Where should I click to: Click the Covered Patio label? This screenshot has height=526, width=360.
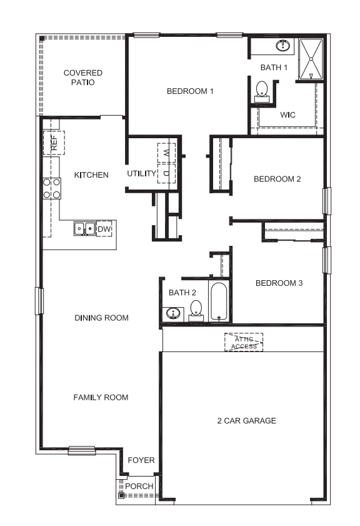tap(82, 78)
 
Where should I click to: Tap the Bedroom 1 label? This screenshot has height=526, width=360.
tap(190, 91)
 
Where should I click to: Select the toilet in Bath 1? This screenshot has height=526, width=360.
tap(262, 91)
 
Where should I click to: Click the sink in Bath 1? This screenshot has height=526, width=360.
tap(283, 46)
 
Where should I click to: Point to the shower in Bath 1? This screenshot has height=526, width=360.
tap(311, 59)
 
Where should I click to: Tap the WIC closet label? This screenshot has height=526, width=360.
tap(287, 115)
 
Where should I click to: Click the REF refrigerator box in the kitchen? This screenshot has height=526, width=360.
tap(53, 143)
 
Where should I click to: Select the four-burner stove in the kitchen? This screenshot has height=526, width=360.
tap(52, 188)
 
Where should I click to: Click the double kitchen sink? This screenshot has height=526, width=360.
tap(84, 229)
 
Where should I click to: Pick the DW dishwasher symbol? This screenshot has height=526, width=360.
tap(104, 229)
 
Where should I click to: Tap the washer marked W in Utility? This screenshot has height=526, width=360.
tap(167, 152)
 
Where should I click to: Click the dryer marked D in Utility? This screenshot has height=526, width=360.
tap(167, 173)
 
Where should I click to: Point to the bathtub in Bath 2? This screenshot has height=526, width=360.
tap(219, 301)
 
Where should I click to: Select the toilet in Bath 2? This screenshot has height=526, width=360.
tap(196, 310)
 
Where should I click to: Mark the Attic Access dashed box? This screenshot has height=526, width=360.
tap(244, 342)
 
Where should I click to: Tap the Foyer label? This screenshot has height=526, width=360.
tap(141, 460)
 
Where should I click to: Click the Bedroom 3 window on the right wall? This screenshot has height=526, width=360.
tap(326, 260)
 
